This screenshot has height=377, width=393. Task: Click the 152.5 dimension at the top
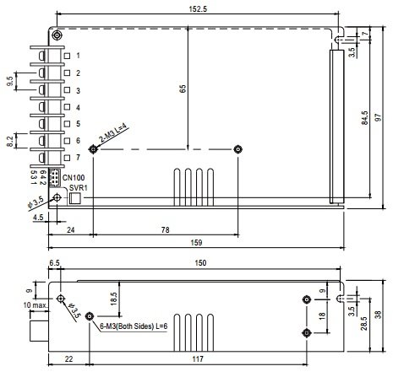pos(198,8)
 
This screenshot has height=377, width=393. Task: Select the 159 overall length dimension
pos(196,242)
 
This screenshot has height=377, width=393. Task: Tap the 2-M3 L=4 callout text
pos(112,132)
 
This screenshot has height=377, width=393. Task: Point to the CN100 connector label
pos(74,178)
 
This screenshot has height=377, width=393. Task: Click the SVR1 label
pos(79,187)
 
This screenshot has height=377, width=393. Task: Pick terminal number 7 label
pos(78,157)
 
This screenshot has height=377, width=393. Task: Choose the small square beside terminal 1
pos(67,56)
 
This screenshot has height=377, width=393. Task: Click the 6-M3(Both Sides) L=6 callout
pos(134,326)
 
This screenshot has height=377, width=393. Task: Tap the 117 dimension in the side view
pos(198,359)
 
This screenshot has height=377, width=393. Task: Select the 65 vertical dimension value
pos(183,89)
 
